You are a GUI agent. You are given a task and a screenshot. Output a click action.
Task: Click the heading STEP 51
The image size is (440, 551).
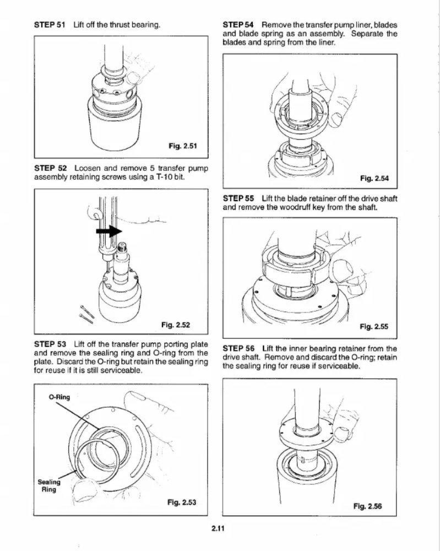(50, 25)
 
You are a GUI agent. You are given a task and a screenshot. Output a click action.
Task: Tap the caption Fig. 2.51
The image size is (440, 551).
(182, 146)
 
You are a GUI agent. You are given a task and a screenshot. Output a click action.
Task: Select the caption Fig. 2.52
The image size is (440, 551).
(175, 324)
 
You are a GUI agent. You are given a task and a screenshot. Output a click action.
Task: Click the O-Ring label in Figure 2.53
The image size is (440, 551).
(59, 397)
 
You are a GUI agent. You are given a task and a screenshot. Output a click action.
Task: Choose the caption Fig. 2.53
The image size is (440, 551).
(182, 502)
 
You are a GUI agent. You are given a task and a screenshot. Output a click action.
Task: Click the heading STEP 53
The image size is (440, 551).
(50, 344)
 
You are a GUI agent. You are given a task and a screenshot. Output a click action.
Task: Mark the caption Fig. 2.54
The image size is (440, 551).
(374, 178)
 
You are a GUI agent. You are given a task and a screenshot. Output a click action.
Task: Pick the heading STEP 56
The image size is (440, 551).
(239, 348)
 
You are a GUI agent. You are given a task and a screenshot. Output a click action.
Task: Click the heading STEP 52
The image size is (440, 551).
(50, 168)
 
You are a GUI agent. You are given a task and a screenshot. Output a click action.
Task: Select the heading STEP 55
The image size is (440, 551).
(239, 198)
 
